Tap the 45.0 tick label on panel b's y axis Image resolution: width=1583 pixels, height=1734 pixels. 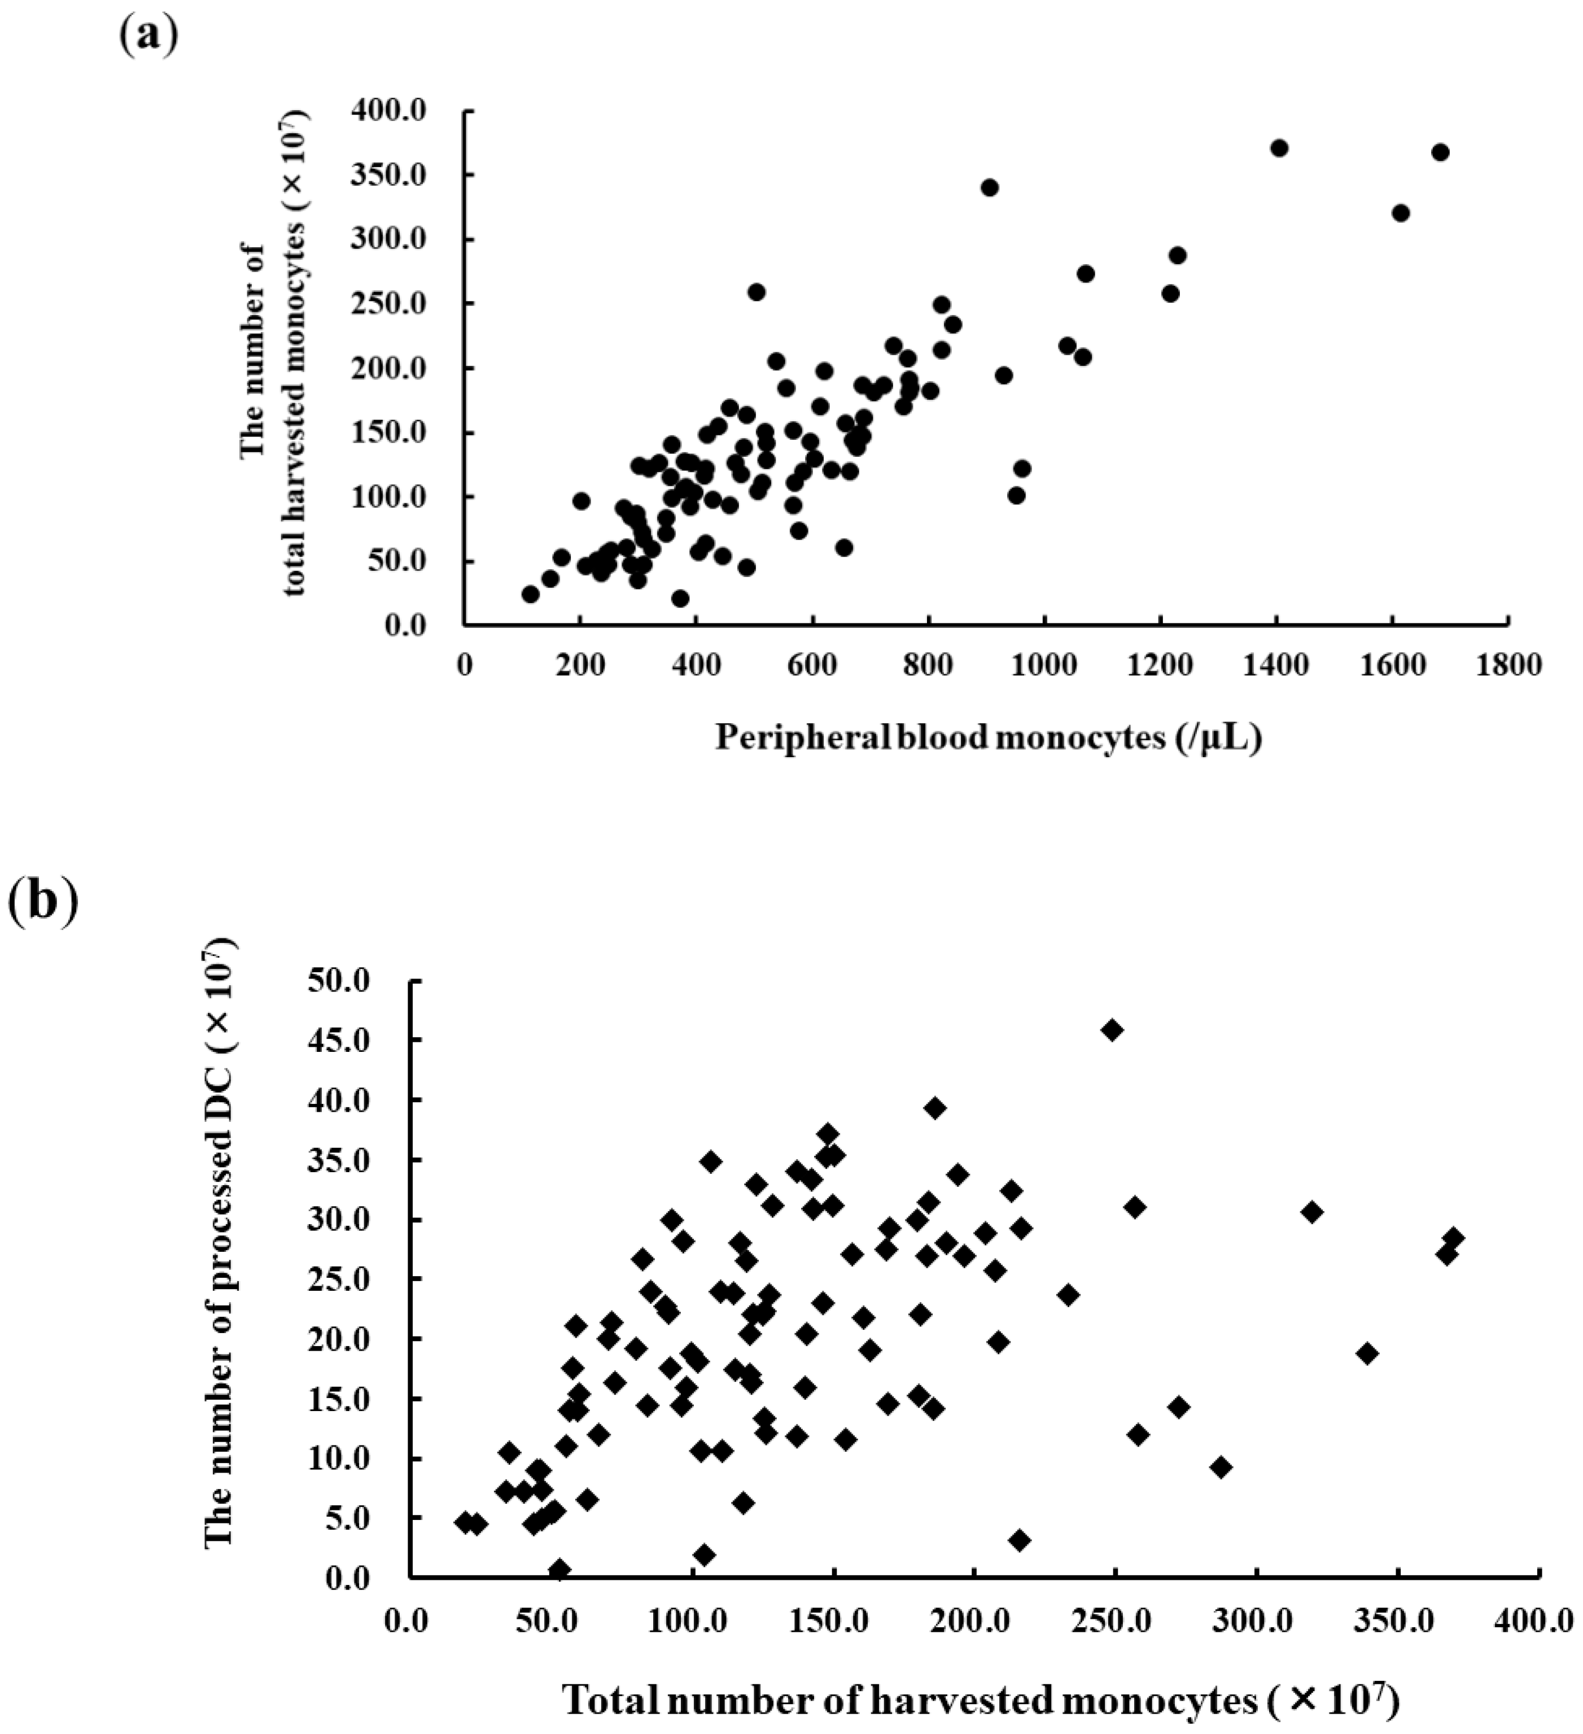pos(344,1040)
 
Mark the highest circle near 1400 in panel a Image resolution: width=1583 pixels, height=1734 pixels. pos(1279,148)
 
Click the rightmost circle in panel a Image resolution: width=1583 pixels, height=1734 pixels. pos(1440,152)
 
